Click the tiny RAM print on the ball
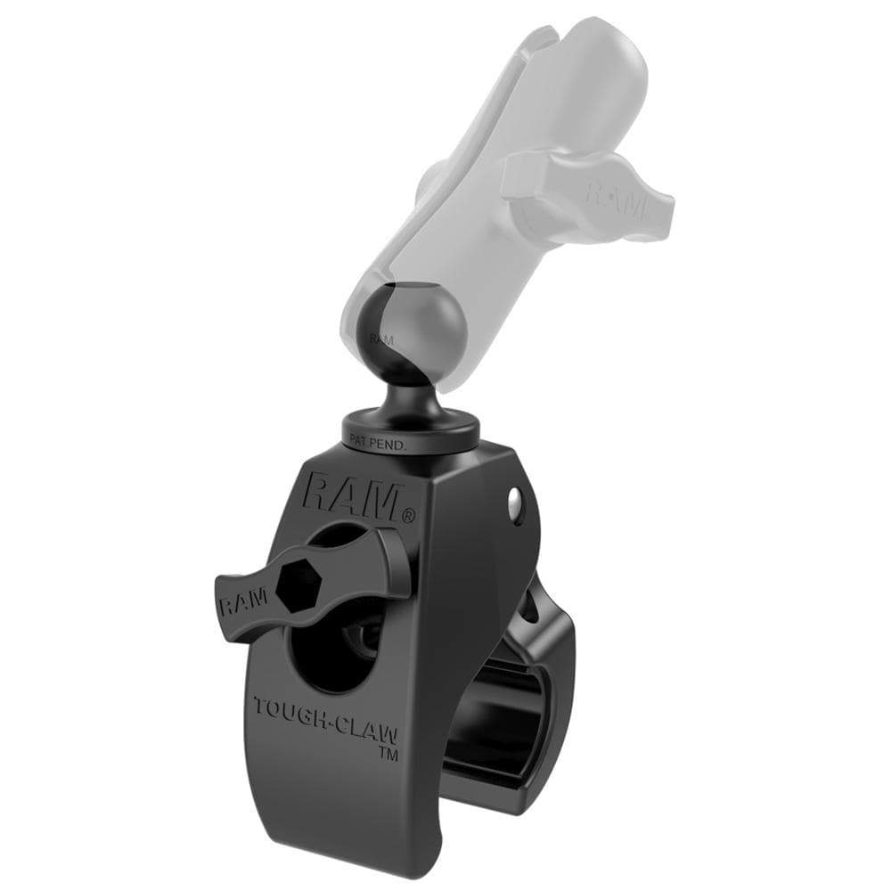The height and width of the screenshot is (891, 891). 380,339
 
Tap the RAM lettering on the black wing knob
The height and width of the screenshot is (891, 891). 242,604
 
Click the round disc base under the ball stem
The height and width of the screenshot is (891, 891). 410,428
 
